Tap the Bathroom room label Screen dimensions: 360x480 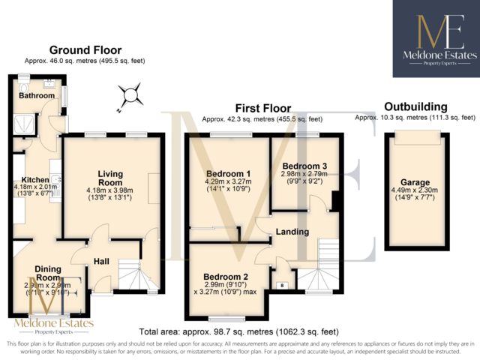[x=37, y=96]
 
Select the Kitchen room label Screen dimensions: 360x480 [x=35, y=180]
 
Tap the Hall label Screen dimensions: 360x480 [x=102, y=261]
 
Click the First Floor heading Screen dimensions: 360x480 [x=262, y=109]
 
